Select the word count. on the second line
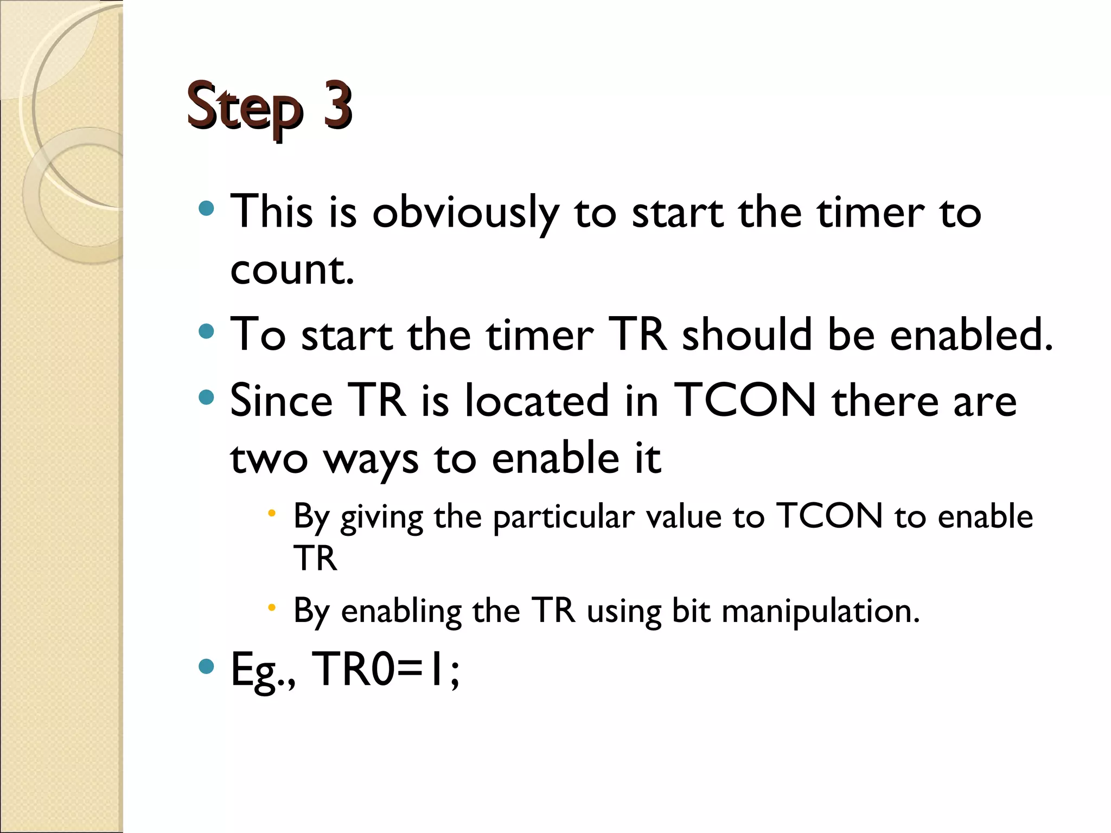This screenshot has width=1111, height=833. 292,270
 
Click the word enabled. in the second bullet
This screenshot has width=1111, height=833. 971,335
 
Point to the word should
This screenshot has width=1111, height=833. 746,335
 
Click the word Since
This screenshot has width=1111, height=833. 281,401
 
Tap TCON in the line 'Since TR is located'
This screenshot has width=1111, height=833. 745,401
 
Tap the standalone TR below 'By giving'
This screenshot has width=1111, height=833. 315,558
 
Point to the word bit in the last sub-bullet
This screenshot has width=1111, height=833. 691,611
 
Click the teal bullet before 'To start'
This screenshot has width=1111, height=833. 207,331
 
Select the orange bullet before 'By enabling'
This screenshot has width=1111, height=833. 272,608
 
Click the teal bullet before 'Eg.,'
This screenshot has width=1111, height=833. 207,666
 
